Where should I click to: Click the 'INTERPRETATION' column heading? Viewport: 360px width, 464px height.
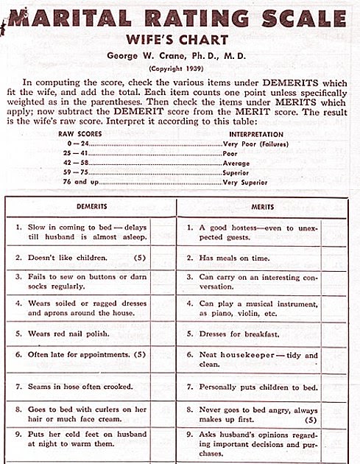pyautogui.click(x=256, y=136)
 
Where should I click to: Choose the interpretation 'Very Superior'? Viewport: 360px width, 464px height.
pyautogui.click(x=247, y=180)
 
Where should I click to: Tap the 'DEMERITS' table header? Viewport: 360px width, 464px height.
pyautogui.click(x=92, y=208)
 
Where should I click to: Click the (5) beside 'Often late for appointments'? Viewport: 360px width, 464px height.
pyautogui.click(x=151, y=354)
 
